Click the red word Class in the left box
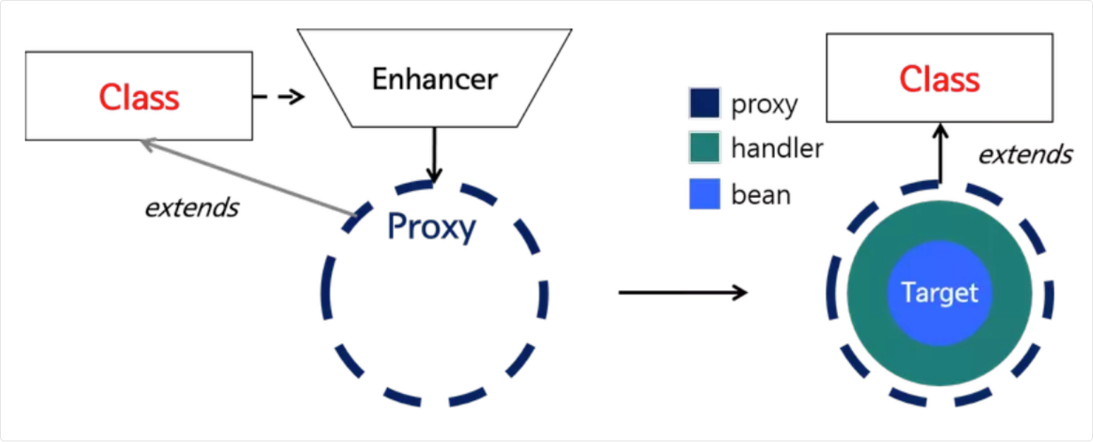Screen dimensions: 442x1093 tap(139, 97)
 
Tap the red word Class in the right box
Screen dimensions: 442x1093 tap(939, 79)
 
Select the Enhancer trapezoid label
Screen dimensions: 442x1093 tap(435, 79)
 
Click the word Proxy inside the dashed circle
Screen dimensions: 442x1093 tap(431, 227)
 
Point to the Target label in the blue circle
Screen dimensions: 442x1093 tap(940, 293)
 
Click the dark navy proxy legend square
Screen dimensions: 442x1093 tap(704, 103)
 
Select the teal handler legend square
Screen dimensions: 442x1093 tap(704, 148)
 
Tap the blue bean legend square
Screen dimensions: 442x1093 tap(704, 194)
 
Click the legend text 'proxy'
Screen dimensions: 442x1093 tap(764, 105)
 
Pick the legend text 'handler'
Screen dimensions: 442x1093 tap(777, 149)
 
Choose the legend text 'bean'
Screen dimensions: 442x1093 tap(761, 194)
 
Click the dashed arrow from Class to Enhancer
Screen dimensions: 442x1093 tap(278, 97)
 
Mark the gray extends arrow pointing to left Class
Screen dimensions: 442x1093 tap(247, 177)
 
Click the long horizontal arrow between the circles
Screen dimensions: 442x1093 tap(682, 292)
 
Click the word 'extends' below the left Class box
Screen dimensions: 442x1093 tap(191, 208)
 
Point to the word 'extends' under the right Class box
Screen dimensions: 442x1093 tap(1025, 154)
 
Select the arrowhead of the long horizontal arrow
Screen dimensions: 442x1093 tap(741, 292)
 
